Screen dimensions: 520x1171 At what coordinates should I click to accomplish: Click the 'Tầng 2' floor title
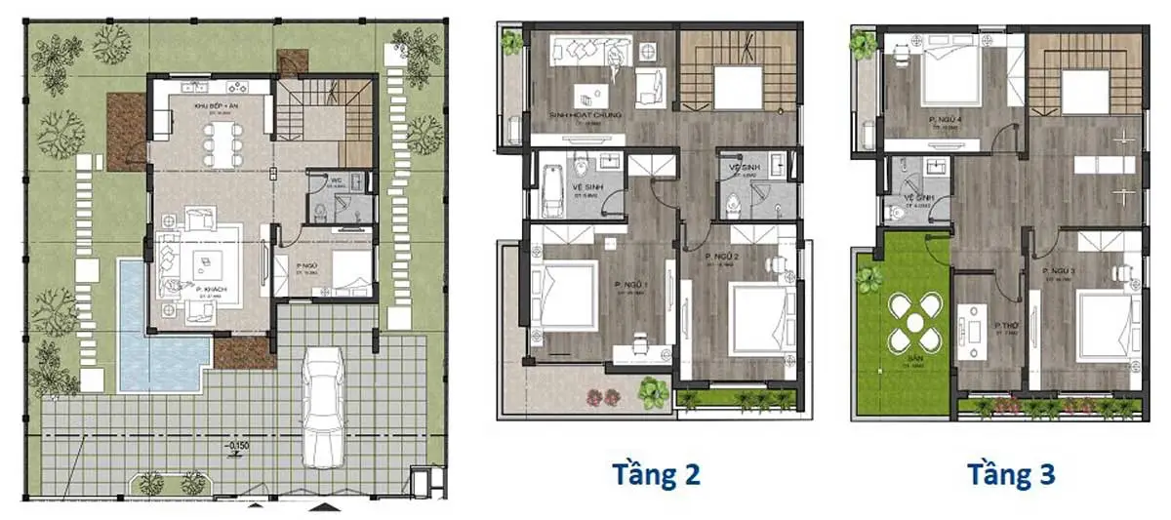coord(656,474)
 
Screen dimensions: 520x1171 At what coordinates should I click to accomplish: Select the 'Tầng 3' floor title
coord(1012,474)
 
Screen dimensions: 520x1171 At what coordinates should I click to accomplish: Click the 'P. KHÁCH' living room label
coord(212,290)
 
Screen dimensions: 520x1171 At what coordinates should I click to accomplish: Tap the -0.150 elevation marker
coord(238,447)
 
